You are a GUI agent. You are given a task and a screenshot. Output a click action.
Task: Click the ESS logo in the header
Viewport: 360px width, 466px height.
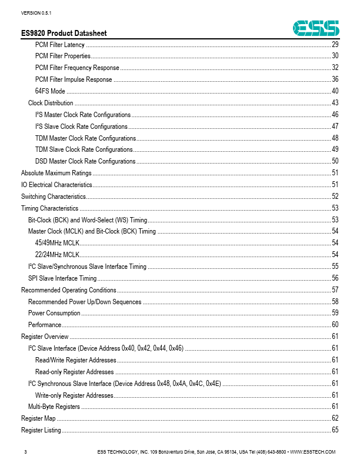(x=316, y=27)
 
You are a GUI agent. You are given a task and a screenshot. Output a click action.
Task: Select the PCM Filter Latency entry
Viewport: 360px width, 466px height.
(x=60, y=45)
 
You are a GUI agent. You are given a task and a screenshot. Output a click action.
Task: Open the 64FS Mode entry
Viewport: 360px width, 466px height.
(x=50, y=91)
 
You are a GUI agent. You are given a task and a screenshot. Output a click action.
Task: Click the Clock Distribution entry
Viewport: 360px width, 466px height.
(x=51, y=103)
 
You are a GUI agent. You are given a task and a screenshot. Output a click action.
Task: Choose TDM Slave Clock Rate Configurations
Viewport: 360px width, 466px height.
(x=84, y=149)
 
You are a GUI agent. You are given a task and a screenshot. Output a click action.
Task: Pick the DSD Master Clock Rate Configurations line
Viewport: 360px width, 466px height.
(x=85, y=161)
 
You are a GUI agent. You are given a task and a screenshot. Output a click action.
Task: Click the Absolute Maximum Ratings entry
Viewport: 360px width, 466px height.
(x=56, y=173)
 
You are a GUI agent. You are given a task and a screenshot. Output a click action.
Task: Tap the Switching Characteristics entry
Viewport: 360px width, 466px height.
(x=54, y=197)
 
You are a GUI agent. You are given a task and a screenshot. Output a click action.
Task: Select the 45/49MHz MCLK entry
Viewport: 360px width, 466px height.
(x=58, y=243)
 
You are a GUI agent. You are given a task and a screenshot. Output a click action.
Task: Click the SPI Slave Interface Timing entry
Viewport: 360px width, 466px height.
(x=62, y=278)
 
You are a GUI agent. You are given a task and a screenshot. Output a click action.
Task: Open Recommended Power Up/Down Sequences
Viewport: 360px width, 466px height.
(x=85, y=302)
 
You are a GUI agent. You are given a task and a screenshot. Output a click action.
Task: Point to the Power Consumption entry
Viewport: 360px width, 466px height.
(x=54, y=313)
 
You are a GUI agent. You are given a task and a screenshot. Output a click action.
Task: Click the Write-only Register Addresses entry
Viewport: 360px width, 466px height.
(x=74, y=395)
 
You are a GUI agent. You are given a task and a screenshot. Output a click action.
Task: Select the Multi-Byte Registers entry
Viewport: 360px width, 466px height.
(x=54, y=407)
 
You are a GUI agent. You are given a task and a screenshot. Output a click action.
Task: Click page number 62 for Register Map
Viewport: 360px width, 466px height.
(x=335, y=418)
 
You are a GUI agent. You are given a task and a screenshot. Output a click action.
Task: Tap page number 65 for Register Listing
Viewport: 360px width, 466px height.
(x=335, y=430)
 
